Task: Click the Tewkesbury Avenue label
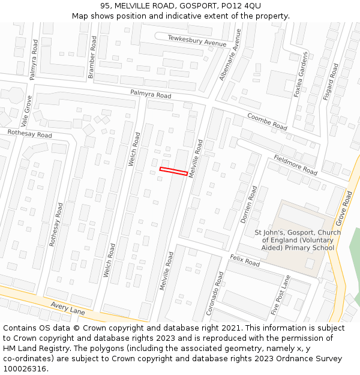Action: tap(197, 41)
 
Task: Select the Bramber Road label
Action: tap(92, 56)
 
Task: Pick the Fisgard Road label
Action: tap(331, 81)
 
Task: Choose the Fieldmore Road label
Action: tap(295, 163)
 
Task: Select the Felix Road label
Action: tap(244, 260)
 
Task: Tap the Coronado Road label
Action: tap(214, 293)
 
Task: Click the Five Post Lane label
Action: tap(280, 295)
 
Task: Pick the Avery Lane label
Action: tap(68, 308)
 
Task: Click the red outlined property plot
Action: tap(174, 172)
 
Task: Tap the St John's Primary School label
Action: tap(298, 240)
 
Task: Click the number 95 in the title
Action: tap(106, 5)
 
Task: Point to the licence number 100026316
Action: tap(26, 368)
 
